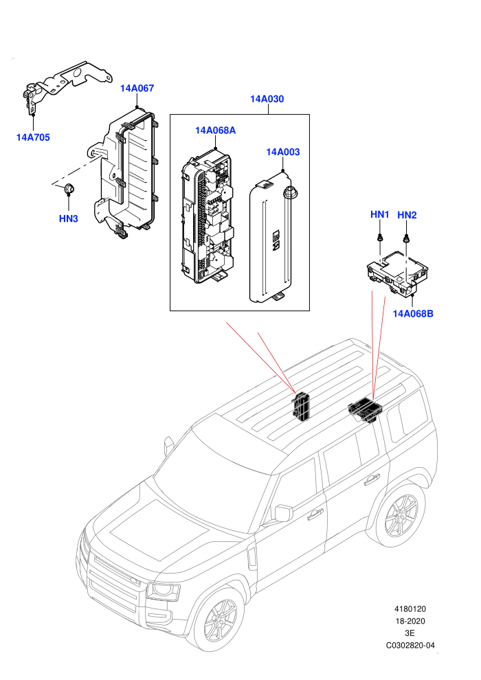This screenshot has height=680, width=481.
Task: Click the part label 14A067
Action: tap(137, 88)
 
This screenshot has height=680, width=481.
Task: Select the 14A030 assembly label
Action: tap(267, 99)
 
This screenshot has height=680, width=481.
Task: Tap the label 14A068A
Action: tap(215, 131)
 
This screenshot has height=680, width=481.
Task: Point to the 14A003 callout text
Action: tap(283, 152)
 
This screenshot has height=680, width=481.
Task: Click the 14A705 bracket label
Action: tap(33, 137)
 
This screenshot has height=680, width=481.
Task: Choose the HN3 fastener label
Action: tap(69, 218)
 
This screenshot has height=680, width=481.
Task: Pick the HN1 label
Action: tap(379, 215)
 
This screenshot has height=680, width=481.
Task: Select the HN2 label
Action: tap(407, 215)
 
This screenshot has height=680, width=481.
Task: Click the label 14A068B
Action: tap(413, 313)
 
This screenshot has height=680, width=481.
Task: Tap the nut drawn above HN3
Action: tap(69, 188)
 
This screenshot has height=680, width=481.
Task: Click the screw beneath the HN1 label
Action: tap(380, 238)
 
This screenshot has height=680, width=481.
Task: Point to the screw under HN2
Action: tap(407, 238)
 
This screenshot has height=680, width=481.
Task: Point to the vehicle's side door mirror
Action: tap(284, 512)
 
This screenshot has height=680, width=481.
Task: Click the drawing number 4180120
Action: tap(410, 609)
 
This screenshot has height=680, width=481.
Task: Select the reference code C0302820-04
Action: tap(410, 645)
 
